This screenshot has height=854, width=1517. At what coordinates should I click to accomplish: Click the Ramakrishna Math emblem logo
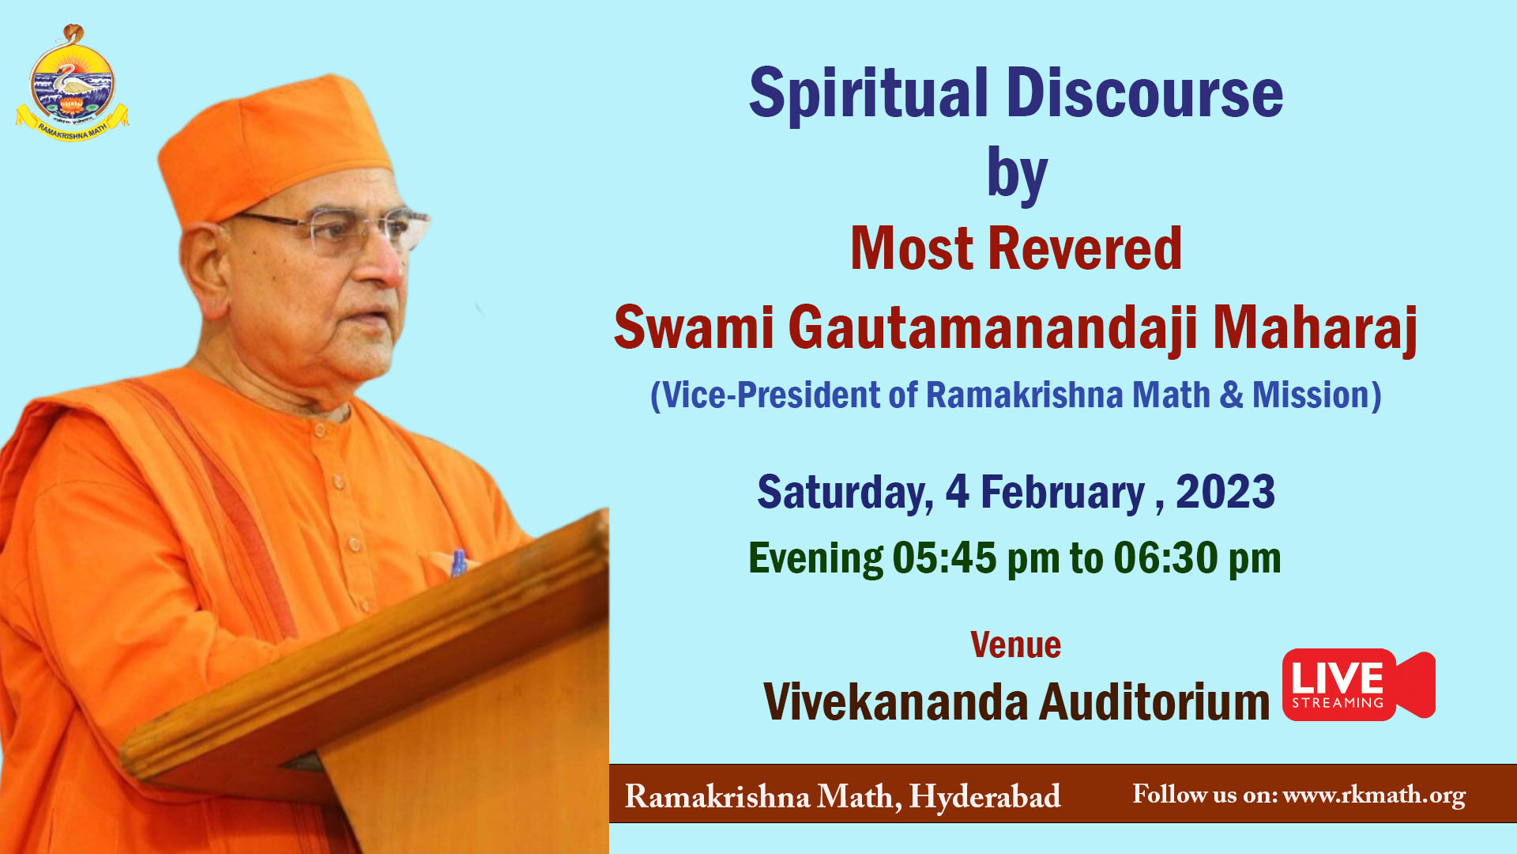[x=72, y=83]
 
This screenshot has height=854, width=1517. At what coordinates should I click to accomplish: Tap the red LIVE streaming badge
[x=1358, y=685]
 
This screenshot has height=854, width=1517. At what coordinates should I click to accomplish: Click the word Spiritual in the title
[x=868, y=93]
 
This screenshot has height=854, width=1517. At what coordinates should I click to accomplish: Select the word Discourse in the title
[x=1145, y=93]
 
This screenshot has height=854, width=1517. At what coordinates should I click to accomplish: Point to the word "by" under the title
[x=1017, y=176]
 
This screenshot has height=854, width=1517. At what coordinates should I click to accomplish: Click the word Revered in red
[x=1085, y=249]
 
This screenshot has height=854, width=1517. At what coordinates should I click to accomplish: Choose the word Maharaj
[x=1315, y=328]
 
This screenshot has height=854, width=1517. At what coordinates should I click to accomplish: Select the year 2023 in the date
[x=1225, y=492]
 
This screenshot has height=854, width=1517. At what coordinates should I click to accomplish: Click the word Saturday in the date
[x=845, y=493]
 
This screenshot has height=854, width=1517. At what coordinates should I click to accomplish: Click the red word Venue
[x=1016, y=645]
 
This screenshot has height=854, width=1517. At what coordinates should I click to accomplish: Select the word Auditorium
[x=1154, y=702]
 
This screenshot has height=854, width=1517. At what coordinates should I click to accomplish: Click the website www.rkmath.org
[x=1374, y=795]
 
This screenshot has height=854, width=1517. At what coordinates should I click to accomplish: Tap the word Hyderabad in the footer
[x=984, y=797]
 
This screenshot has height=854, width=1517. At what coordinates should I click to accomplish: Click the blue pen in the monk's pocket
[x=457, y=562]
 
